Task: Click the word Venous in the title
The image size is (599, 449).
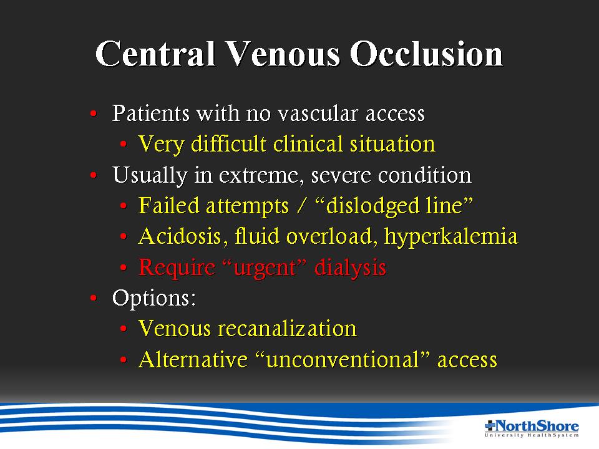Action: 283,54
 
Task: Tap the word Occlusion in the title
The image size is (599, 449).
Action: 427,54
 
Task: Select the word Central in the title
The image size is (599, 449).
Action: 156,54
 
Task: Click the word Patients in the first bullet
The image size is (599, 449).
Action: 150,113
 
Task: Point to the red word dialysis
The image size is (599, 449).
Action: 350,268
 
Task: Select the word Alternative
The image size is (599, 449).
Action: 193,360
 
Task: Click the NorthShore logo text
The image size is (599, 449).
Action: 532,428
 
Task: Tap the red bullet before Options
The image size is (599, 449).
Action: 94,298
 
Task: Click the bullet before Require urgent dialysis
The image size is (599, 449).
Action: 123,268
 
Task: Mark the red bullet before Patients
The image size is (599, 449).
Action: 94,113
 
